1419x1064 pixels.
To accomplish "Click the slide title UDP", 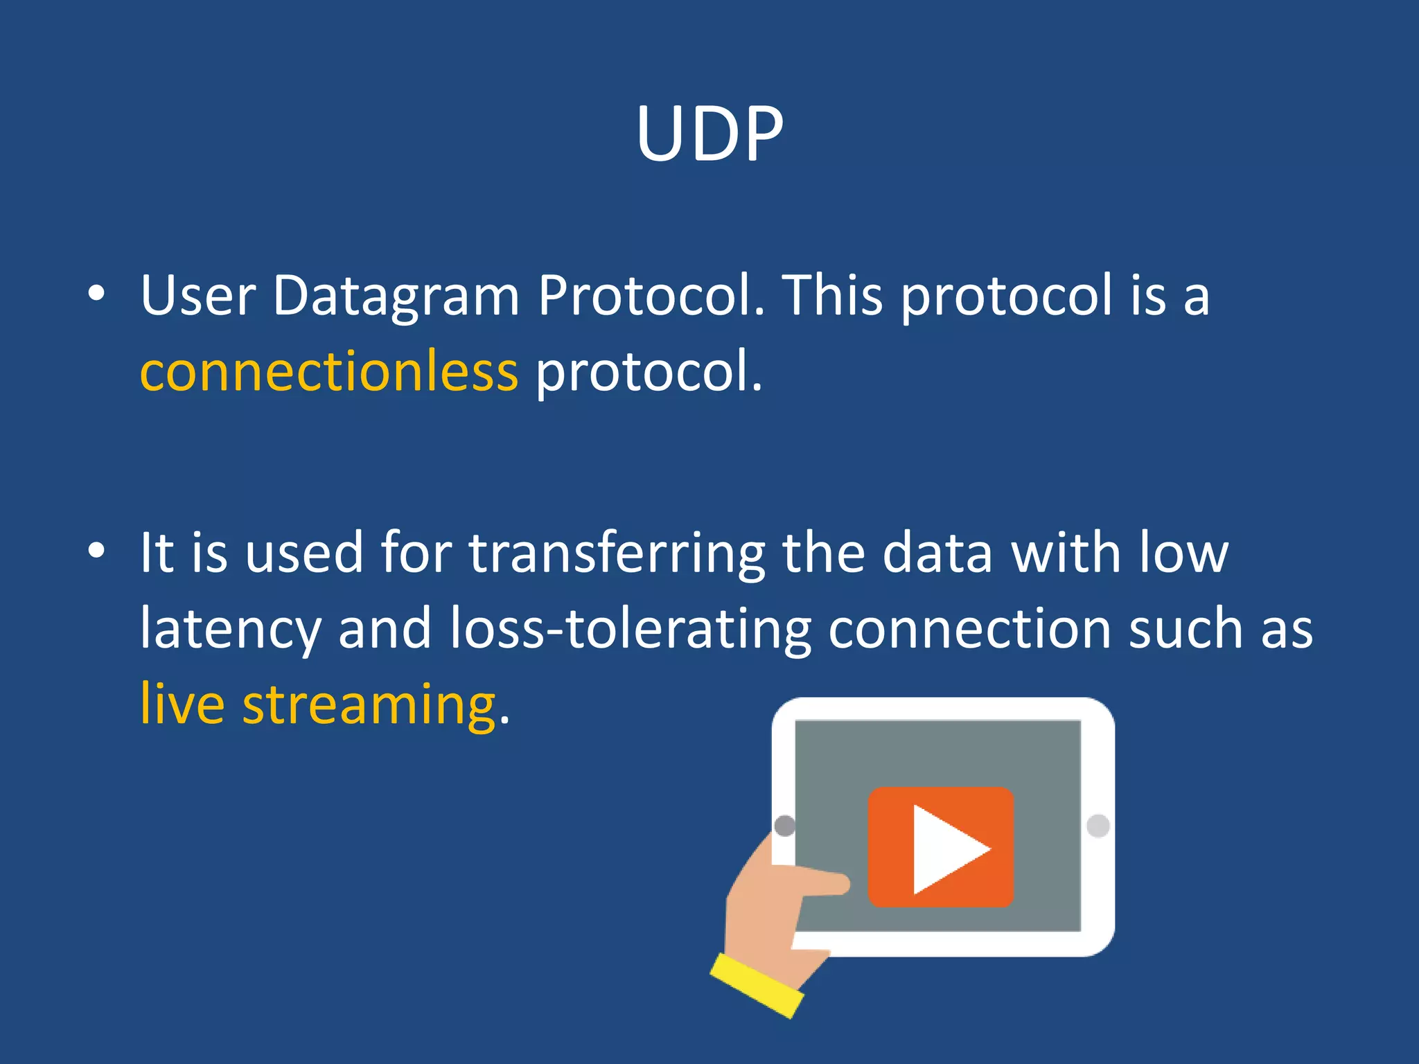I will pos(709,134).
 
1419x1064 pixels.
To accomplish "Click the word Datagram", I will pos(396,296).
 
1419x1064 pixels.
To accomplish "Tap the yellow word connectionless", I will pos(328,372).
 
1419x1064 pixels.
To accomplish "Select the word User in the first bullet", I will pos(197,296).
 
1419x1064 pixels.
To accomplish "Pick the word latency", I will pos(230,629).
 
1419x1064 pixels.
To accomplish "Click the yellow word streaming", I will pos(369,705).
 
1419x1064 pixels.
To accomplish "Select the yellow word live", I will pos(182,705).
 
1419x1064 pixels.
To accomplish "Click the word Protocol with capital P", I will pos(651,296).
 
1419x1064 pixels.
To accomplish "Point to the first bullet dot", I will pos(96,294).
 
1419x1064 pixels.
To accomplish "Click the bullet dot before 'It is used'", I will pos(96,551).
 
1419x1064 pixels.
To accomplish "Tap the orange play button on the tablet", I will pos(941,846).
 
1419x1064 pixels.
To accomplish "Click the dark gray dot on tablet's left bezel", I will pos(784,826).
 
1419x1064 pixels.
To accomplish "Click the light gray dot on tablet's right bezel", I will pos(1098,826).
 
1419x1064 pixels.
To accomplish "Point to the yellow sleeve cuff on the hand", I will pos(757,985).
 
